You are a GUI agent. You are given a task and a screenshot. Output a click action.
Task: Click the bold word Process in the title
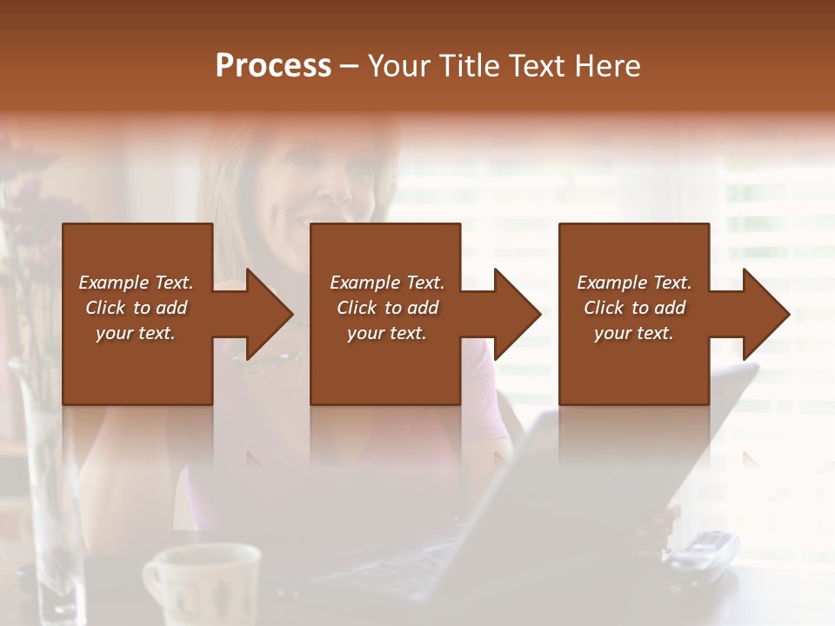click(273, 66)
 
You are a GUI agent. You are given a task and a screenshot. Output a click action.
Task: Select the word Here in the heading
click(608, 66)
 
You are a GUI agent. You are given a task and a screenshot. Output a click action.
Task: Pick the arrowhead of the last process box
click(766, 314)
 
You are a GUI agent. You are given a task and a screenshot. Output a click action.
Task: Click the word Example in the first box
click(114, 283)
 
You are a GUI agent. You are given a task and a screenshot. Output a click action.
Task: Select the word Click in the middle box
click(357, 308)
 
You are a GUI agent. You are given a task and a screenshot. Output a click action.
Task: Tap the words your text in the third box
click(634, 333)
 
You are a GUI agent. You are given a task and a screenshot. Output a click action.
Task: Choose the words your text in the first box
click(136, 333)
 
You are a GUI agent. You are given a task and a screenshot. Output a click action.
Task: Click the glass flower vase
click(52, 504)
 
